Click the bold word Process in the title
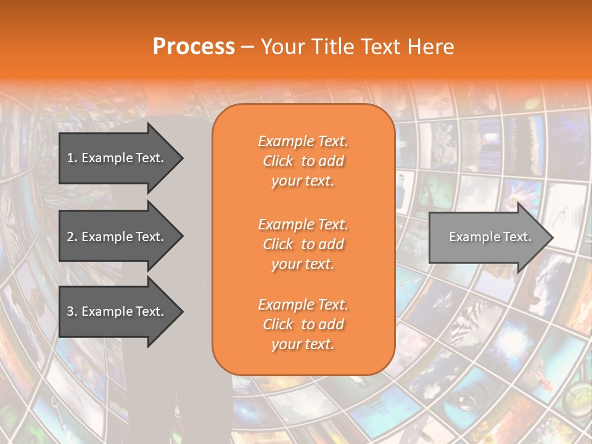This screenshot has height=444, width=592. pos(194,46)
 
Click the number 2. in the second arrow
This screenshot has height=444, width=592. pos(72,237)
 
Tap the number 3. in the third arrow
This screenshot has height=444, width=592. pos(72,311)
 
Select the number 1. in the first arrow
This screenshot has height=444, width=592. pos(72,158)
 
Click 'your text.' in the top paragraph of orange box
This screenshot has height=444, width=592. pos(303,181)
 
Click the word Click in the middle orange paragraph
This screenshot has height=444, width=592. pos(278,245)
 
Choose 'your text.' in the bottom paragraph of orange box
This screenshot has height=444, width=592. pos(303,345)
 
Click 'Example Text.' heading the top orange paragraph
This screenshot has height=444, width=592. pos(303,141)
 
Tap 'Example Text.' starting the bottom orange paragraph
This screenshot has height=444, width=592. pos(303,305)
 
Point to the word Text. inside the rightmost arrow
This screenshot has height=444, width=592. pos(517,237)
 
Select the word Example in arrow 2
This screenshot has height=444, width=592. pos(105,237)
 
